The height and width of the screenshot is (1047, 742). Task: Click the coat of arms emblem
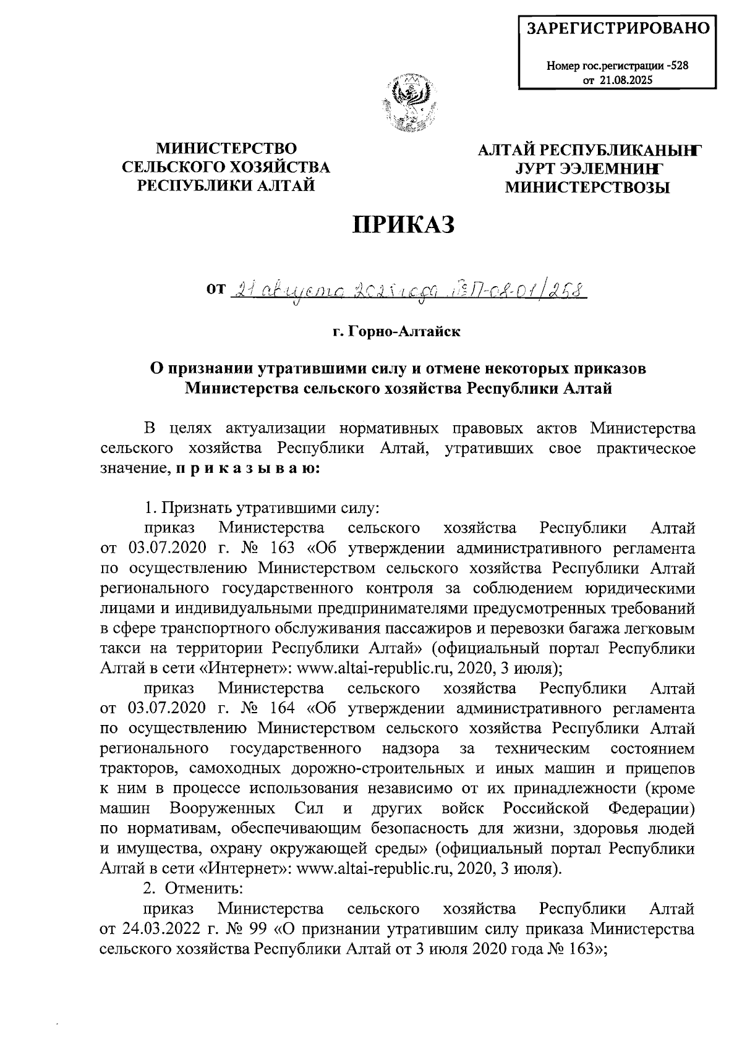[408, 103]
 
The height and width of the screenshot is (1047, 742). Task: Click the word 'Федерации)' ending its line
[651, 809]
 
